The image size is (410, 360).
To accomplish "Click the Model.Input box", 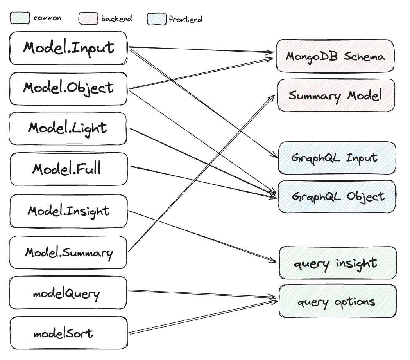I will click(68, 48).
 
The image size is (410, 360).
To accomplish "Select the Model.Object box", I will click(68, 88).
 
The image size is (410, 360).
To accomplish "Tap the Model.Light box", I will click(68, 129).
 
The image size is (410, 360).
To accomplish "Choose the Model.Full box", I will click(68, 169).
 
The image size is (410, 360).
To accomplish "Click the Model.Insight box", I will click(68, 211).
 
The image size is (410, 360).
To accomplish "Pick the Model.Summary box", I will click(68, 252).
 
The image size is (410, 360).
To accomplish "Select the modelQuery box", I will click(68, 293).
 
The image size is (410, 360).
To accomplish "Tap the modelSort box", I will click(68, 333).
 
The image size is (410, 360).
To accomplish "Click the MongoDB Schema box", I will click(335, 56).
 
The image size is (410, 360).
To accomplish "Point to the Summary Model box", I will click(335, 95).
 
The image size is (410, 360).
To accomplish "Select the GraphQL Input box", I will click(337, 158).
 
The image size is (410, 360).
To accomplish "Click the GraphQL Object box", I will click(337, 196).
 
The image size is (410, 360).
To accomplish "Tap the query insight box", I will click(337, 263).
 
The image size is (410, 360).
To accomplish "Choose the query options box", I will click(337, 301).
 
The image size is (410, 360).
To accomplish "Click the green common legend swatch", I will click(20, 18).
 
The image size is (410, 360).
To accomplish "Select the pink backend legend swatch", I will click(88, 18).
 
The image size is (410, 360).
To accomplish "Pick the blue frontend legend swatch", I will click(156, 19).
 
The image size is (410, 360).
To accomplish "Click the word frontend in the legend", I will click(185, 19).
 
